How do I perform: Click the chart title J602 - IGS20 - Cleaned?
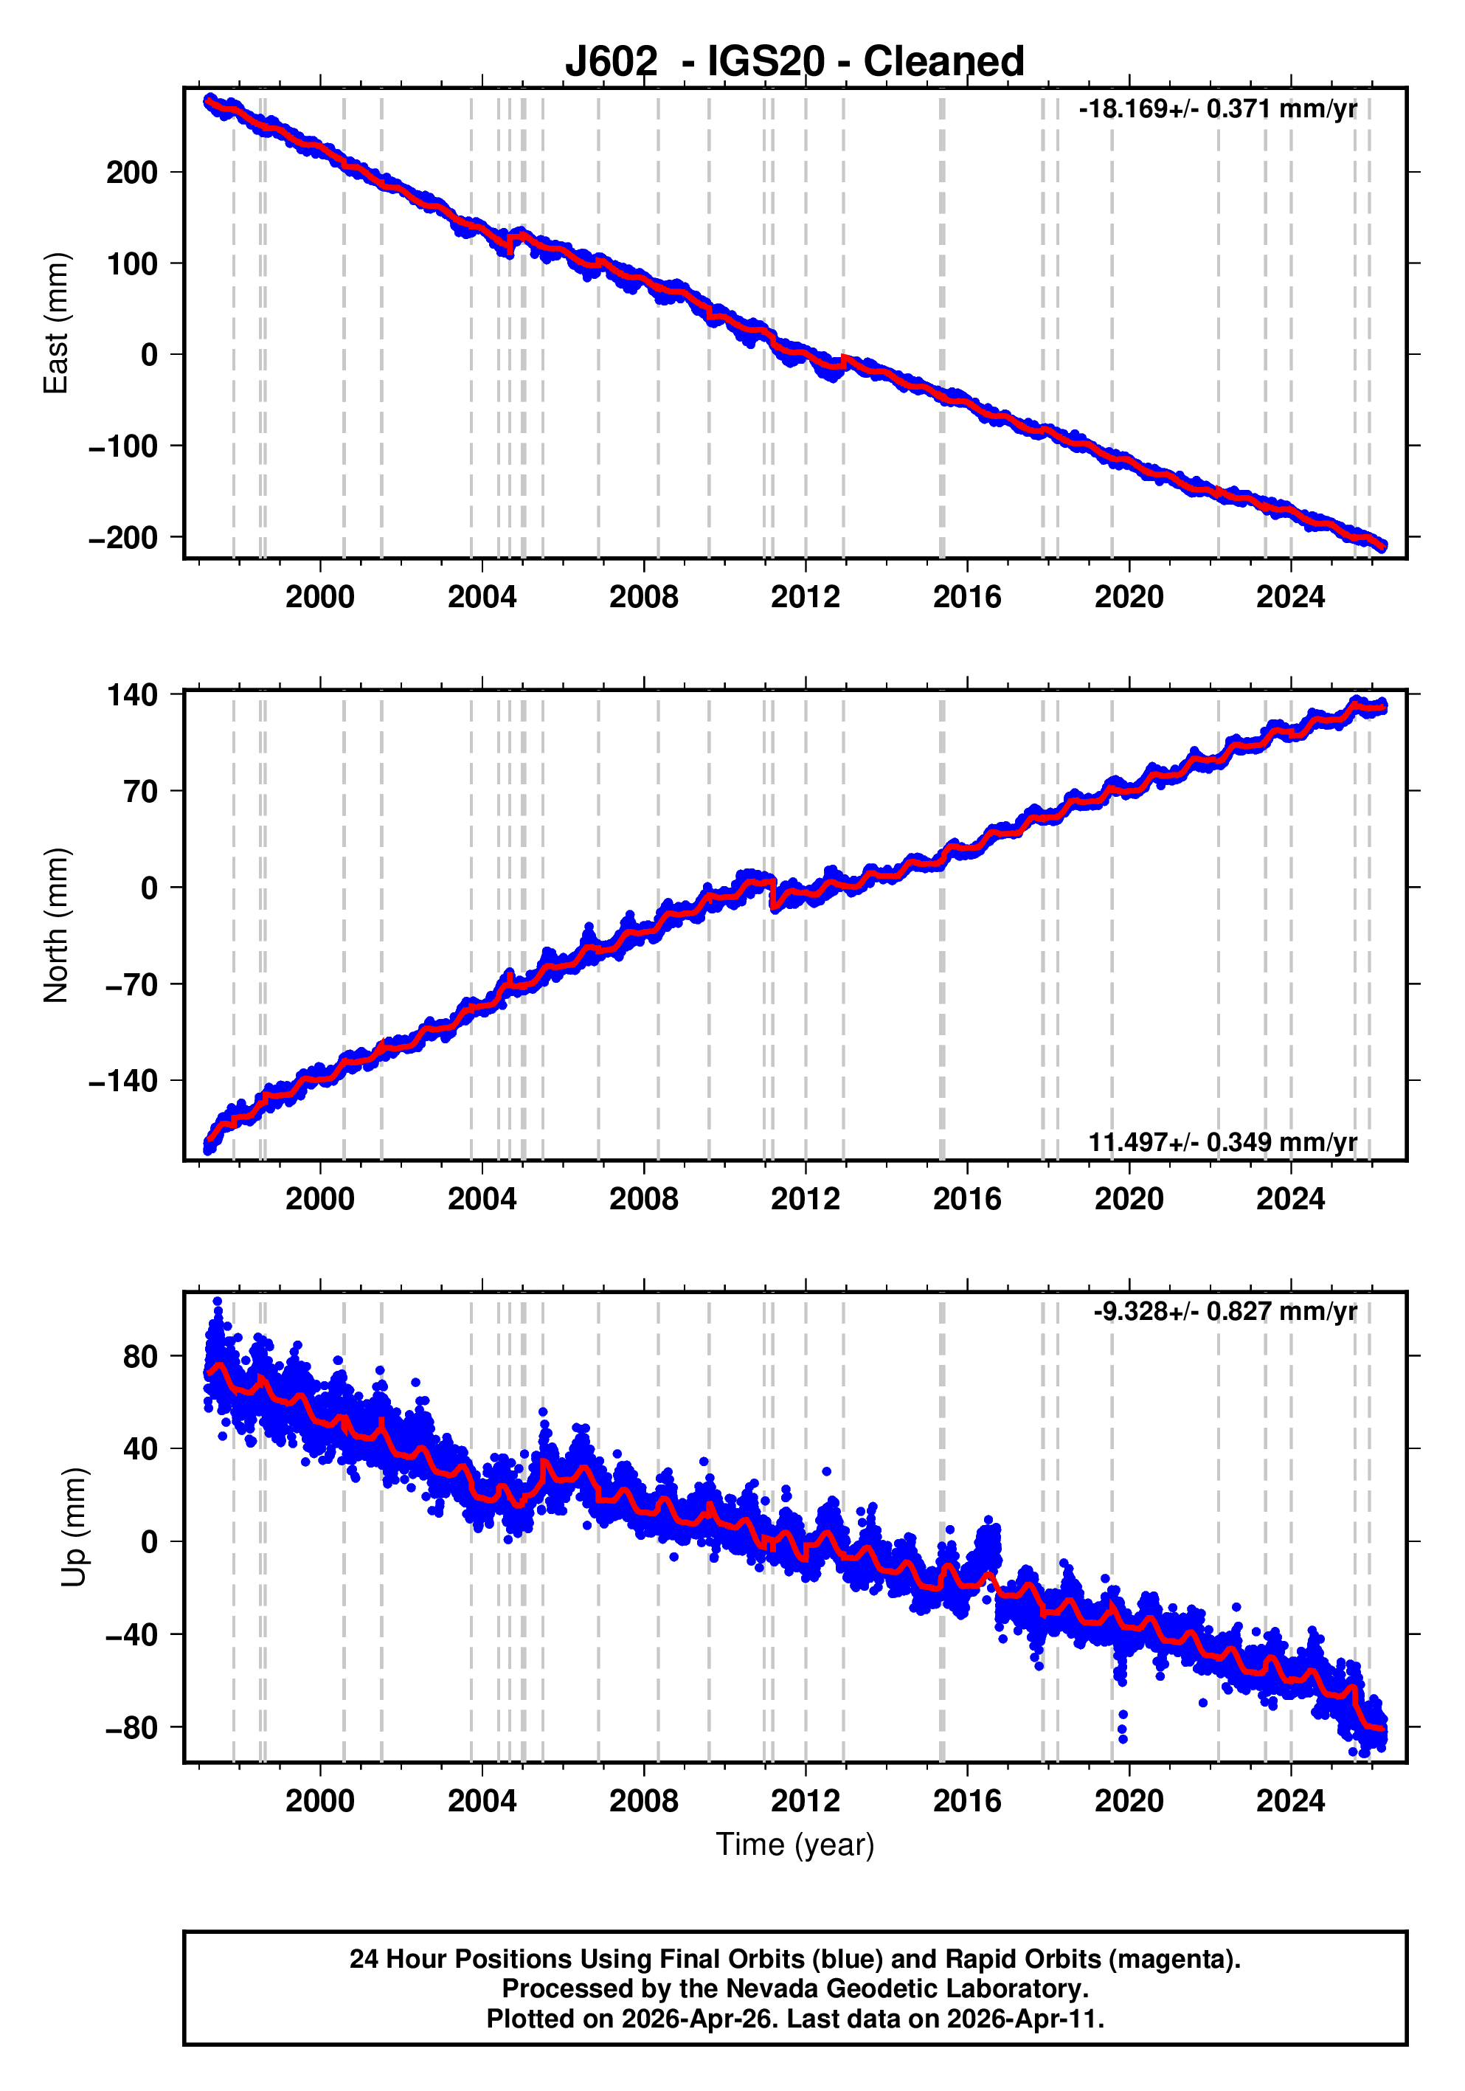pyautogui.click(x=794, y=62)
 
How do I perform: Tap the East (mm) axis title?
pyautogui.click(x=57, y=323)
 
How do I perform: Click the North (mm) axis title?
pyautogui.click(x=57, y=925)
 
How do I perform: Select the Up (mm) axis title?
pyautogui.click(x=75, y=1527)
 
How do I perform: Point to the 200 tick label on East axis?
pyautogui.click(x=132, y=173)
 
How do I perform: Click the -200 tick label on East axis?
pyautogui.click(x=123, y=538)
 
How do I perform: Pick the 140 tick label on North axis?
pyautogui.click(x=132, y=696)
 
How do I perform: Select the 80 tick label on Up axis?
pyautogui.click(x=140, y=1357)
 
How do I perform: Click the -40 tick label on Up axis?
pyautogui.click(x=131, y=1635)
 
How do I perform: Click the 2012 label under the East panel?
pyautogui.click(x=805, y=598)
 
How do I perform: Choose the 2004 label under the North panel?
pyautogui.click(x=482, y=1200)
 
